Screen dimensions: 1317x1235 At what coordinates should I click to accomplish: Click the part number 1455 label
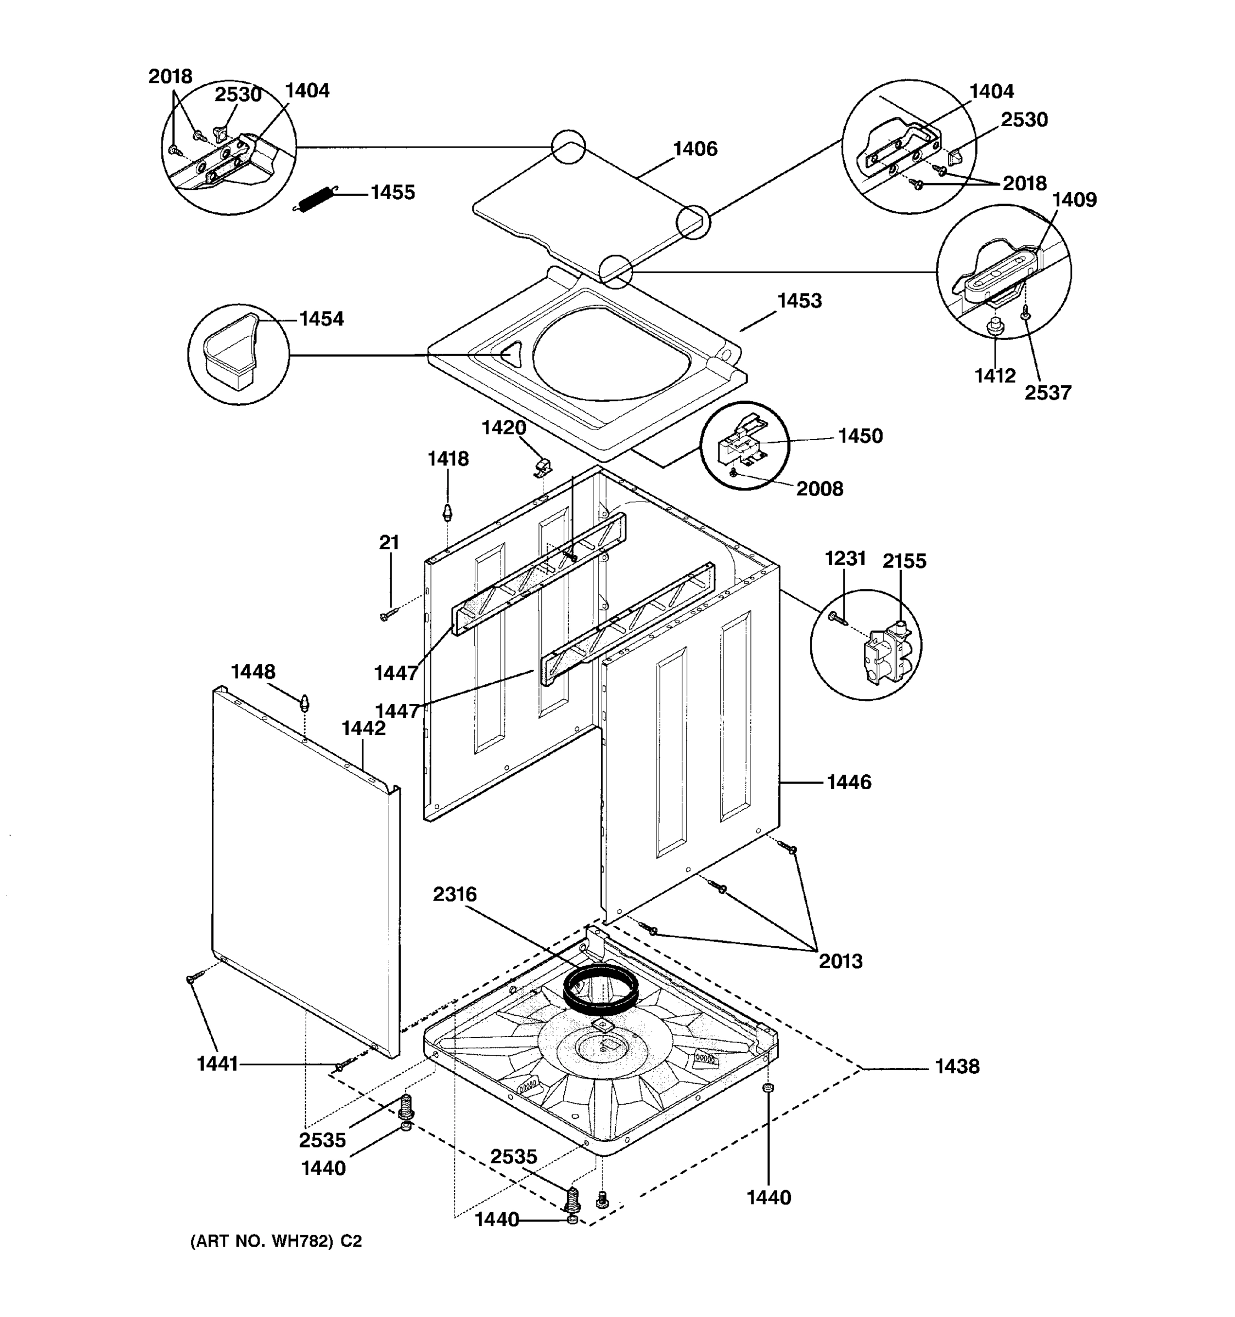coord(392,193)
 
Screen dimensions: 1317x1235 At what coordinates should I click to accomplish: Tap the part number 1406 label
coord(695,149)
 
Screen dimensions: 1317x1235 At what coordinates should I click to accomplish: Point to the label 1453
coord(799,301)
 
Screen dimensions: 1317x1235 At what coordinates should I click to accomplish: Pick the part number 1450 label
coord(860,437)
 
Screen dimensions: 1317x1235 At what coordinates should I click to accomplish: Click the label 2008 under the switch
coord(819,489)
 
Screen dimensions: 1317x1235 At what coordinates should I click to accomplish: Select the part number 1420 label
coord(503,428)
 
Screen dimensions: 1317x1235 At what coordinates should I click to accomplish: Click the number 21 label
coord(389,543)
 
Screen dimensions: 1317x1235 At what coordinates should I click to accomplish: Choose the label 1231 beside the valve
coord(845,559)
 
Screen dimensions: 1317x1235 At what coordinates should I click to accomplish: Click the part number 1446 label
coord(849,783)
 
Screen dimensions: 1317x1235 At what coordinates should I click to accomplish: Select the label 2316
coord(454,894)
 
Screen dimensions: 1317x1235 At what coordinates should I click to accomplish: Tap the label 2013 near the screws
coord(840,961)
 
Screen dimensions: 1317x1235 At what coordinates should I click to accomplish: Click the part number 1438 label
coord(957,1067)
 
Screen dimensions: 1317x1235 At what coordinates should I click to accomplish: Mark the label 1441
coord(217,1064)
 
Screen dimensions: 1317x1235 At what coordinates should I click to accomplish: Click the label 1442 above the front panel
coord(363,728)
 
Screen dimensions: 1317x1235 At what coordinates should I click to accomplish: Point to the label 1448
coord(252,672)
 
